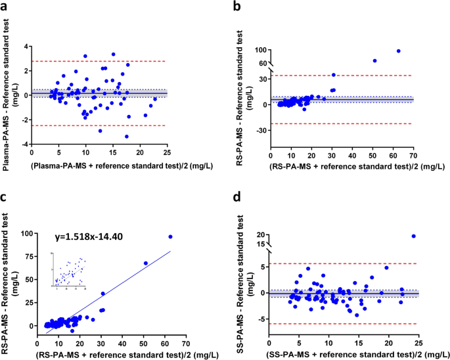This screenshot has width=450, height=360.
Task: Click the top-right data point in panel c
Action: pyautogui.click(x=170, y=236)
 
